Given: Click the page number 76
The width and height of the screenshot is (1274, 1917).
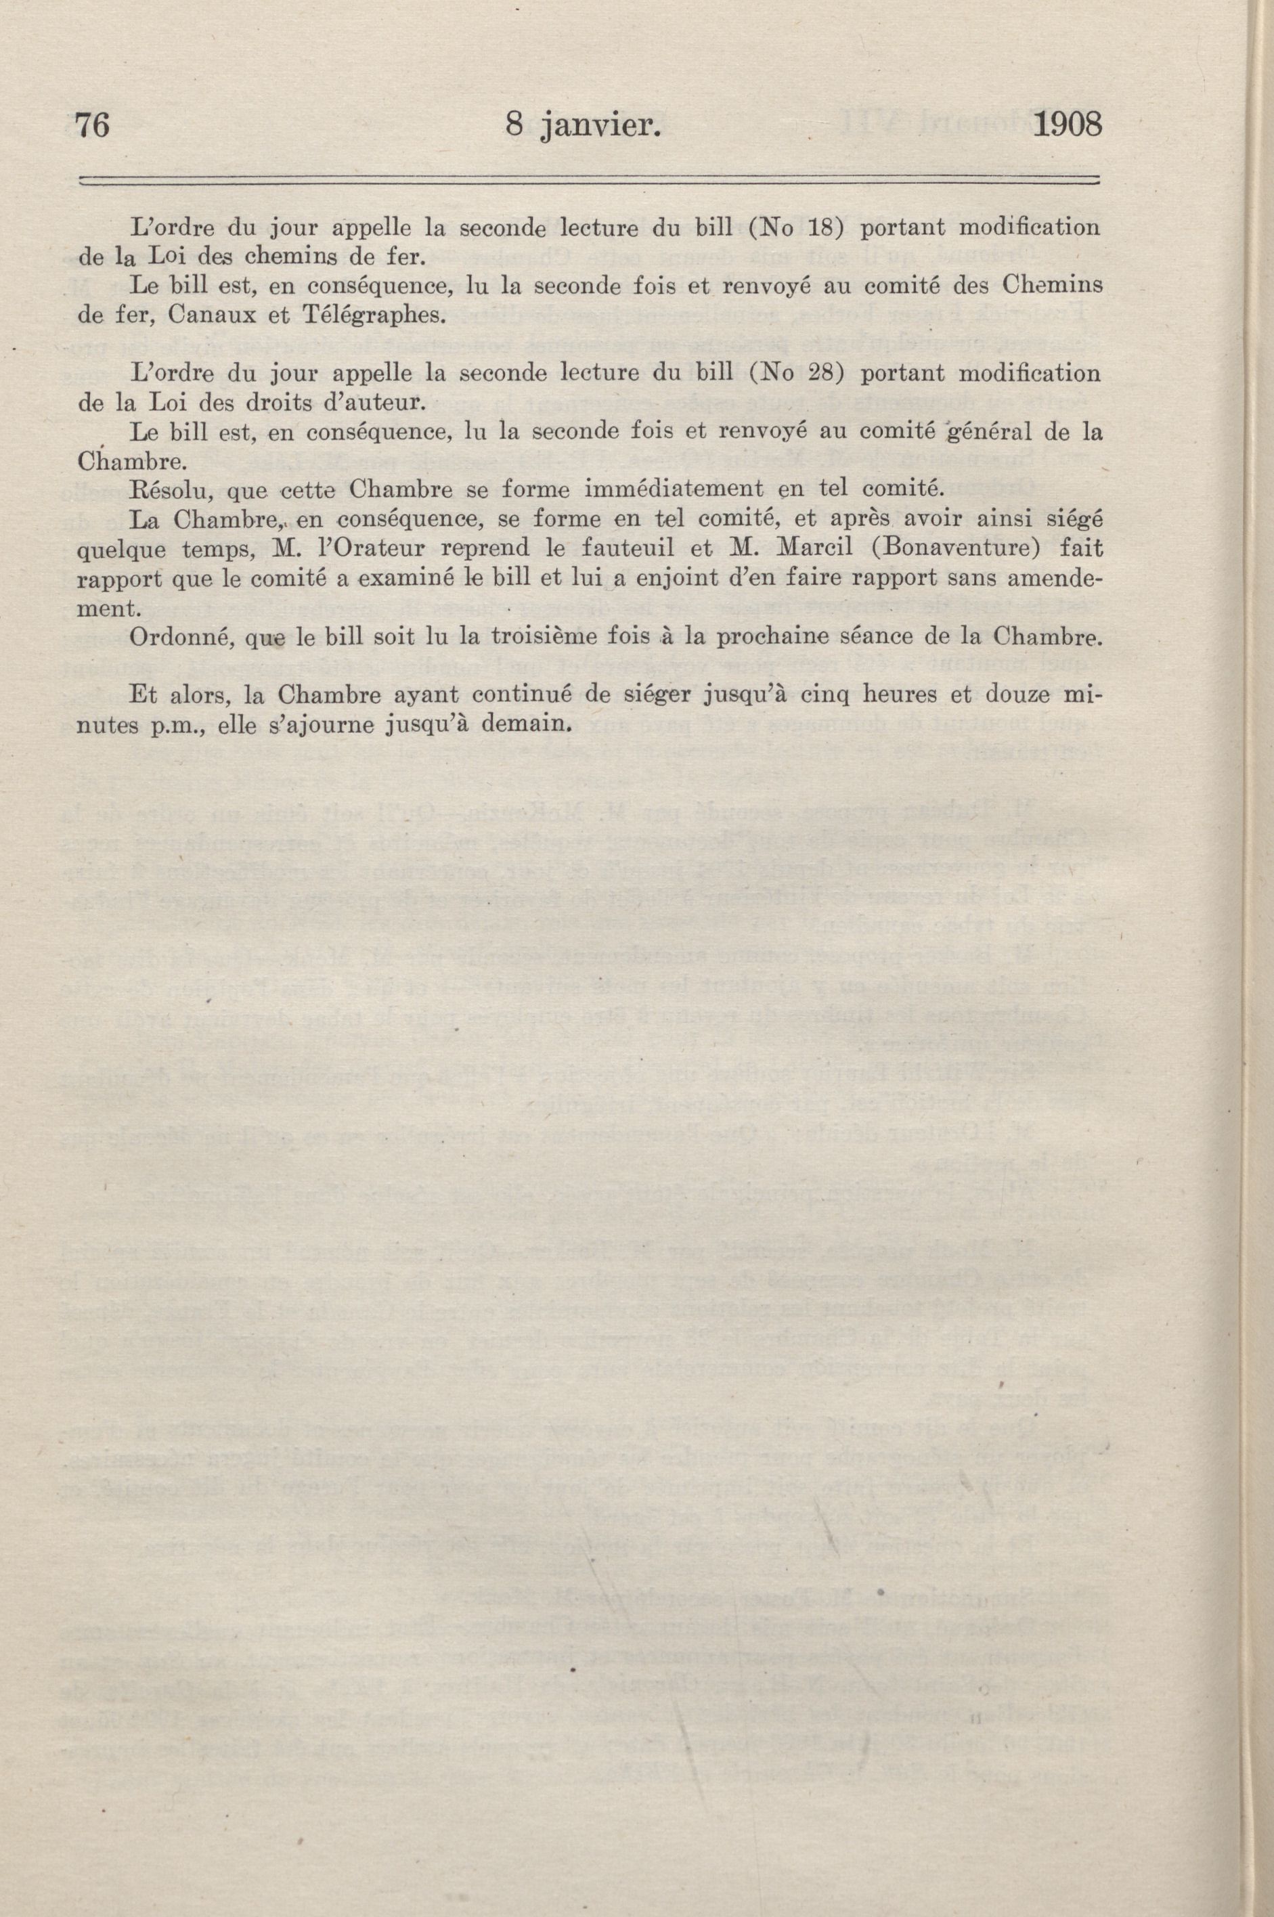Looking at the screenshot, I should pyautogui.click(x=92, y=126).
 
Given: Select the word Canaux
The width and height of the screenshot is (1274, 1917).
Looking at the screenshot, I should pyautogui.click(x=219, y=315).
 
